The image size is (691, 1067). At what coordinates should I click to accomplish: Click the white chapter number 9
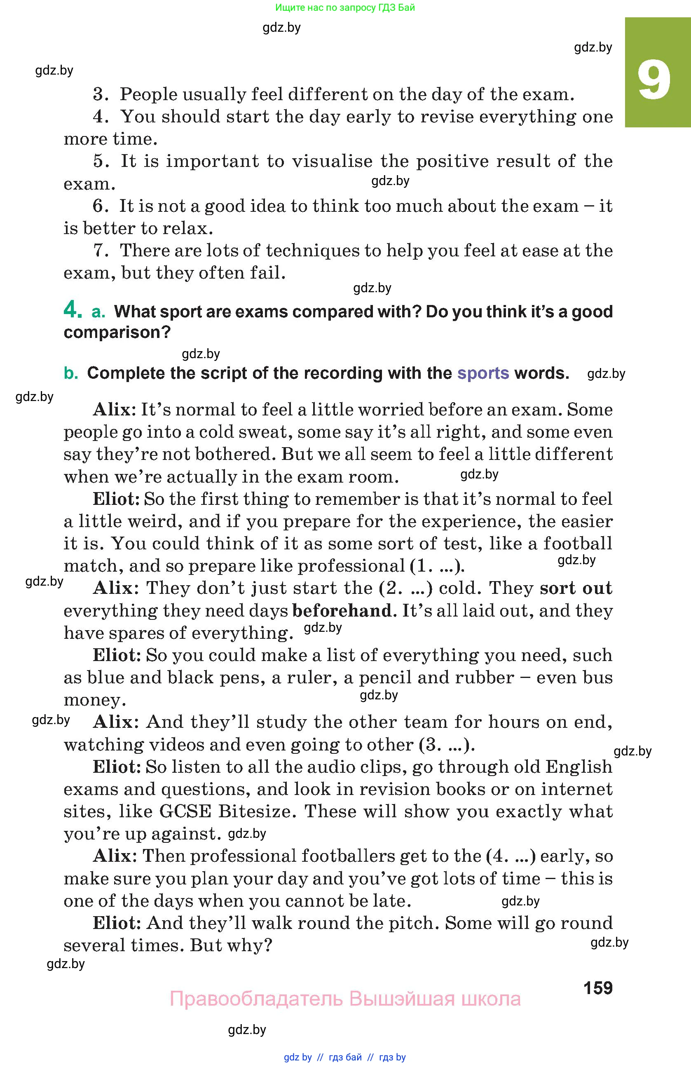point(654,81)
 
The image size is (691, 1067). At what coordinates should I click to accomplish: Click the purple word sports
point(483,373)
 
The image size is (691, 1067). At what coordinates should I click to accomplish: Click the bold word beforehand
point(342,611)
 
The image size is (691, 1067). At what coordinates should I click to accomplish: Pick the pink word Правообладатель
point(256,999)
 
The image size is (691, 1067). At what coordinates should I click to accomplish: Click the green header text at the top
point(345,7)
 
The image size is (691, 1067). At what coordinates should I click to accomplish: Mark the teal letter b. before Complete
point(71,373)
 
